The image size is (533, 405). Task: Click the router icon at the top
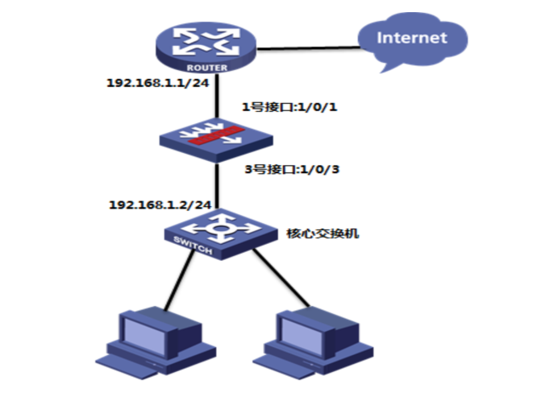point(206,48)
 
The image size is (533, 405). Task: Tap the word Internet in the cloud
point(412,38)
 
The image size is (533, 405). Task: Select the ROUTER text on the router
point(207,68)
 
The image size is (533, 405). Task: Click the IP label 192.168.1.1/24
point(158,83)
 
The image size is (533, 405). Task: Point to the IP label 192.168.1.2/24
point(160,205)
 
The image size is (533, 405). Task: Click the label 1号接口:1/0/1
point(289,107)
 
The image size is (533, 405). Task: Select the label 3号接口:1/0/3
point(292,169)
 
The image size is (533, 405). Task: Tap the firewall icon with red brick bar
point(216,140)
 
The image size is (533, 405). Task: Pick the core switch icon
point(221,234)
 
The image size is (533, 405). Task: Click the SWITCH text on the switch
point(193,245)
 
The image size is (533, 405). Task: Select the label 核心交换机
point(323,233)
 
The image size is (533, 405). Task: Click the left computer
point(156,343)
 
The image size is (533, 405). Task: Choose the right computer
point(313,343)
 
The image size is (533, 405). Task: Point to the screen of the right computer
point(302,336)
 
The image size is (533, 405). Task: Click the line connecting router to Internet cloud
point(308,48)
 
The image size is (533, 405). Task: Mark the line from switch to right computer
point(281,278)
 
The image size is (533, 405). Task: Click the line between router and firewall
point(216,96)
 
